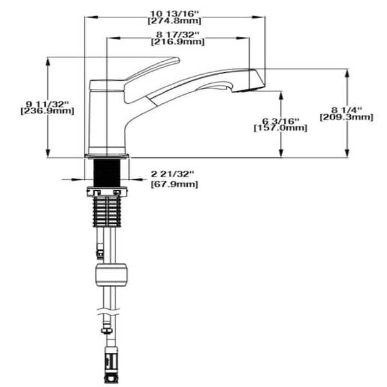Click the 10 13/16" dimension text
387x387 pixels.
pyautogui.click(x=177, y=12)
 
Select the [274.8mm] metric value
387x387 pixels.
pyautogui.click(x=177, y=20)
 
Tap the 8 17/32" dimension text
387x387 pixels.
pyautogui.click(x=177, y=34)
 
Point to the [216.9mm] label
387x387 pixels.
pyautogui.click(x=177, y=43)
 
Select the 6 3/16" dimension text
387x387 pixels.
pyautogui.click(x=281, y=119)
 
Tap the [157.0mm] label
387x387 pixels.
pyautogui.click(x=281, y=128)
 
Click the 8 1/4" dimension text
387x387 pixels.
pyautogui.click(x=346, y=108)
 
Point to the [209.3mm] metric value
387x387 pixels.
pyautogui.click(x=346, y=117)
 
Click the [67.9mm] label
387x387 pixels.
pyautogui.click(x=174, y=185)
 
